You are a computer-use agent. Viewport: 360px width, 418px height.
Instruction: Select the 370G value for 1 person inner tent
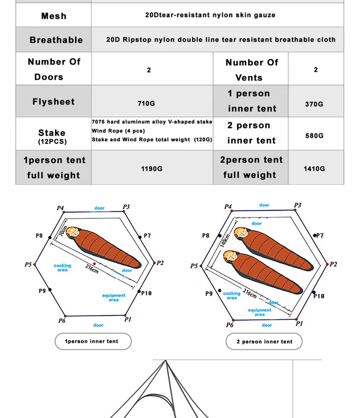pyautogui.click(x=314, y=104)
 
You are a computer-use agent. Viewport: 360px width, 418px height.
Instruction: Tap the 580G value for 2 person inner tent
pyautogui.click(x=314, y=135)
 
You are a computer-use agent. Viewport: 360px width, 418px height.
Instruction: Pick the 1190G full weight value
pyautogui.click(x=152, y=169)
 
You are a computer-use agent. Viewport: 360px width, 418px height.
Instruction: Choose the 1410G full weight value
pyautogui.click(x=314, y=169)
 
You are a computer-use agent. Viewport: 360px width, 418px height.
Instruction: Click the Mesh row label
pyautogui.click(x=54, y=16)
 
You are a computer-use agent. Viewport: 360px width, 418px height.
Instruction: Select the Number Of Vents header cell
pyautogui.click(x=251, y=69)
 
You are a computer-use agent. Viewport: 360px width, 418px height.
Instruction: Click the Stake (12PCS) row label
pyautogui.click(x=52, y=136)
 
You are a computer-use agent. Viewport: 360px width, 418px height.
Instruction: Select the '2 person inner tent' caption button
pyautogui.click(x=264, y=342)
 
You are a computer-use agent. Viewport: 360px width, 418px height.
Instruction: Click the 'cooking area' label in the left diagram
pyautogui.click(x=63, y=267)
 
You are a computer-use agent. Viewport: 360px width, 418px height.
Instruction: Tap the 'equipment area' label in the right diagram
pyautogui.click(x=260, y=312)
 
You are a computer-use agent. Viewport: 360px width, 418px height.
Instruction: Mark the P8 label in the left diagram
pyautogui.click(x=39, y=236)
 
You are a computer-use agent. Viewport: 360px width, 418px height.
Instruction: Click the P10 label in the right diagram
pyautogui.click(x=319, y=296)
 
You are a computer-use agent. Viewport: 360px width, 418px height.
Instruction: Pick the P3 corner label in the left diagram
pyautogui.click(x=126, y=207)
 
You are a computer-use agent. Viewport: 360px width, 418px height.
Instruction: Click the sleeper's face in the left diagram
pyautogui.click(x=75, y=233)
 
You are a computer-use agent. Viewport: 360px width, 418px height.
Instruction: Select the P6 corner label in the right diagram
pyautogui.click(x=229, y=325)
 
